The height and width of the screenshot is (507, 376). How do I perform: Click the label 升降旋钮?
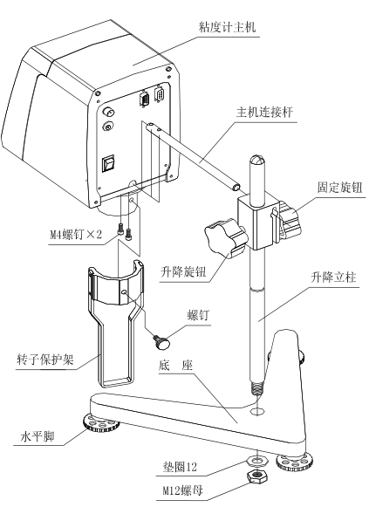(183, 272)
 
